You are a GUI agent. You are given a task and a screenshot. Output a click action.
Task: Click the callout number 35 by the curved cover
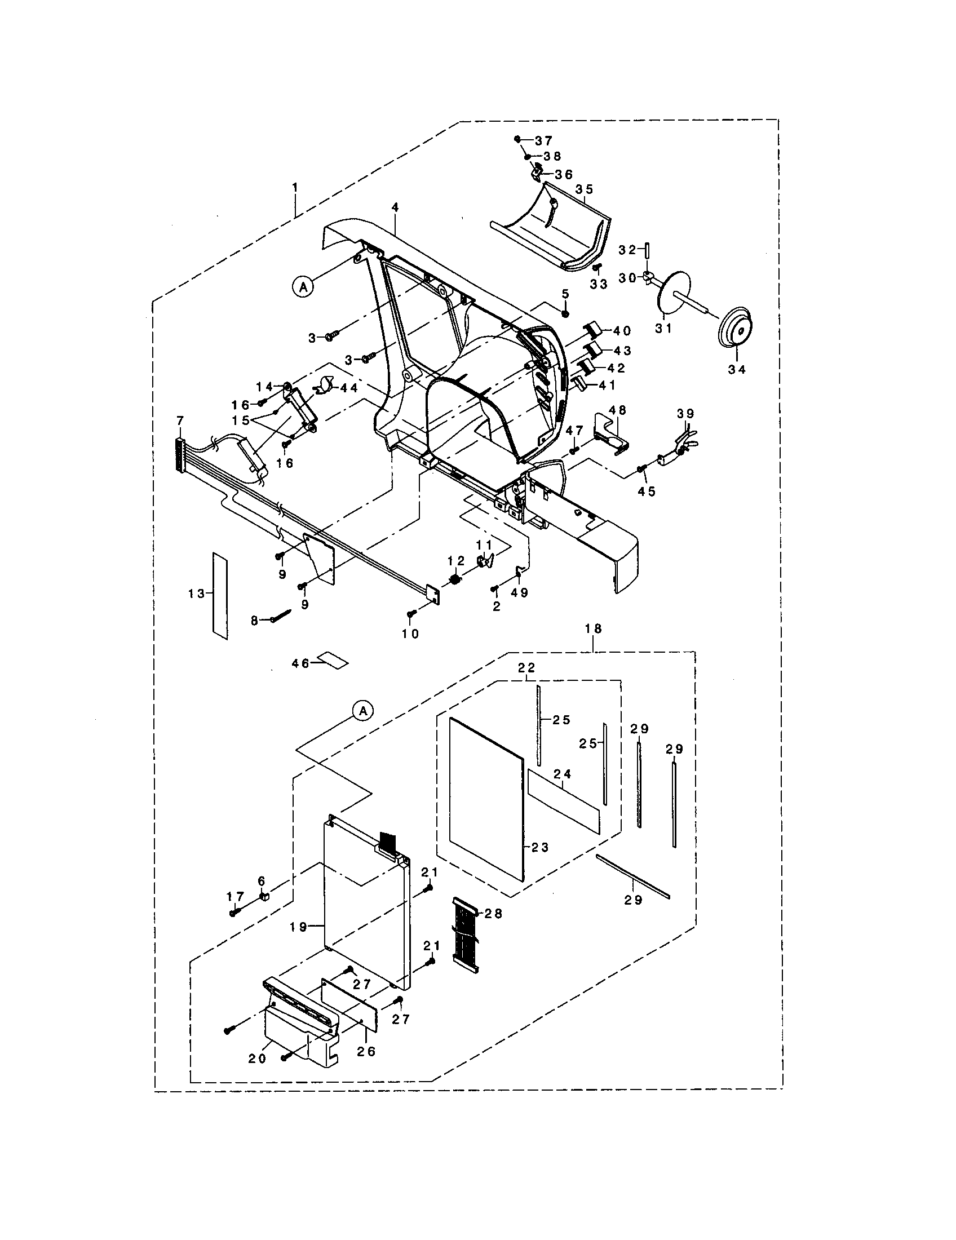pyautogui.click(x=584, y=189)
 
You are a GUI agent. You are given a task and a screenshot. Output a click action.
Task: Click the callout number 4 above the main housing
pyautogui.click(x=395, y=208)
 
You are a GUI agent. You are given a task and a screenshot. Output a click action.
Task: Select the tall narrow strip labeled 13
pyautogui.click(x=220, y=595)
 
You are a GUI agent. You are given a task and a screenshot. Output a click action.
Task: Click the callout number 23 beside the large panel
pyautogui.click(x=541, y=863)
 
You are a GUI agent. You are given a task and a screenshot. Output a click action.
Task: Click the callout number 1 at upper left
pyautogui.click(x=295, y=186)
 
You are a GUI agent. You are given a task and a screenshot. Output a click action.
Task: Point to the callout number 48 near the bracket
pyautogui.click(x=617, y=409)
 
